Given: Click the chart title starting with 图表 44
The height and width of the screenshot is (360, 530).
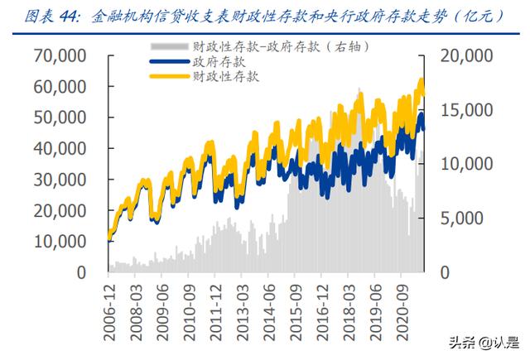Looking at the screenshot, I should [x=265, y=15].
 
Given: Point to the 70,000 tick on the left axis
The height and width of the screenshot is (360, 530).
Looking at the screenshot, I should [x=60, y=55].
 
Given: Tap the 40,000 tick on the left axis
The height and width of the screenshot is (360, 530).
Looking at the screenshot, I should [x=60, y=148].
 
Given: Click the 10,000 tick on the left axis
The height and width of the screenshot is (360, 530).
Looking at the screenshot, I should [x=60, y=241].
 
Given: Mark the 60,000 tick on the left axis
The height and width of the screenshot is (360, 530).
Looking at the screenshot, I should [x=60, y=87].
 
